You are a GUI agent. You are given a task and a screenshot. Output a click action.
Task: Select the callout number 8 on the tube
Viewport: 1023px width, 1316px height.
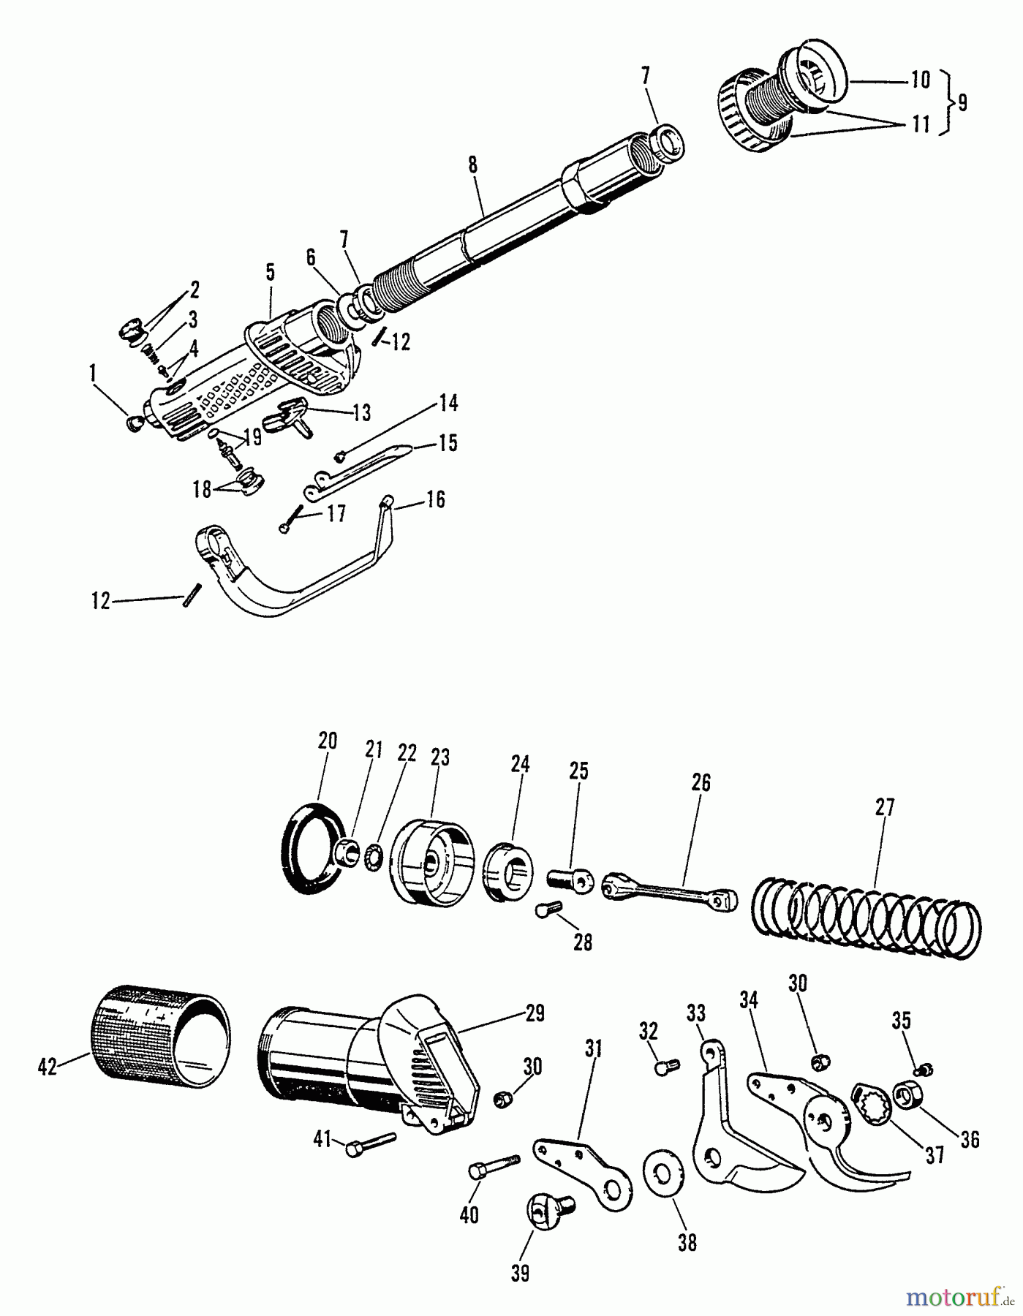473,164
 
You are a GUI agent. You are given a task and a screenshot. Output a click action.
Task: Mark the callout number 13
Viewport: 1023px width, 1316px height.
361,413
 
